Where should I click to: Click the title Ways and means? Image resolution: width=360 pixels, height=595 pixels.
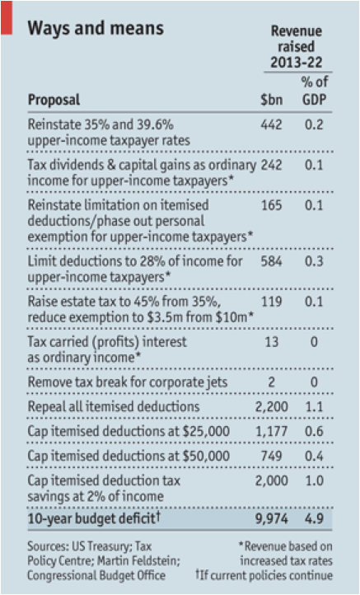(96, 28)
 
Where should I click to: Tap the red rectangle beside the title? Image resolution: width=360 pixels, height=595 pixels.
(7, 17)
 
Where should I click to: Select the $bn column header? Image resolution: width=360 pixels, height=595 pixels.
(271, 100)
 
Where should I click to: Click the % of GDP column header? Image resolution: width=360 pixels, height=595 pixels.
(315, 91)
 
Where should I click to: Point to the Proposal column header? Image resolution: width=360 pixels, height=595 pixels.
(54, 101)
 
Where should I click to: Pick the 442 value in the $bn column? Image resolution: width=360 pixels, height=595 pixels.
(271, 124)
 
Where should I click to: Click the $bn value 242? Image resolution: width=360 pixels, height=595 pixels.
(271, 165)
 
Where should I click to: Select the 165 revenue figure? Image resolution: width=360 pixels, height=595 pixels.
(271, 205)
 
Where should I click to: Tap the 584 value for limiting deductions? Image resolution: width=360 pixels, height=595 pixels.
(271, 261)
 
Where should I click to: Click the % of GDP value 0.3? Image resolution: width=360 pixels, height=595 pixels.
(314, 261)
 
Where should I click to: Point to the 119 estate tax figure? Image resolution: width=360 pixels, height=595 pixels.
(271, 302)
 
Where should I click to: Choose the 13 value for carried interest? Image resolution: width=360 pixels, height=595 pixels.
(272, 341)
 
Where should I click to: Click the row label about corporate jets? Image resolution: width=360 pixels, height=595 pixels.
(128, 382)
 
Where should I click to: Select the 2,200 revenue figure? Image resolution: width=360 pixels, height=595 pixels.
(271, 406)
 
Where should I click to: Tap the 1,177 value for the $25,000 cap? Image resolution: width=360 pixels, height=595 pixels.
(271, 431)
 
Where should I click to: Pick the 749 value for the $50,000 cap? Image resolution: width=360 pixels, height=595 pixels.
(271, 456)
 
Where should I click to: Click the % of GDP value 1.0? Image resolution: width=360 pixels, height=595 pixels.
(314, 480)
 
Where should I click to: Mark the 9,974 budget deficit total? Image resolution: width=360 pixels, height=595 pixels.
(271, 518)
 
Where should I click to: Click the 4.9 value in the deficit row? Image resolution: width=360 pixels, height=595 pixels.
(314, 518)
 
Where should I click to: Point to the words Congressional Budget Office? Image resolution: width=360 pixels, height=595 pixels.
(96, 576)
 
